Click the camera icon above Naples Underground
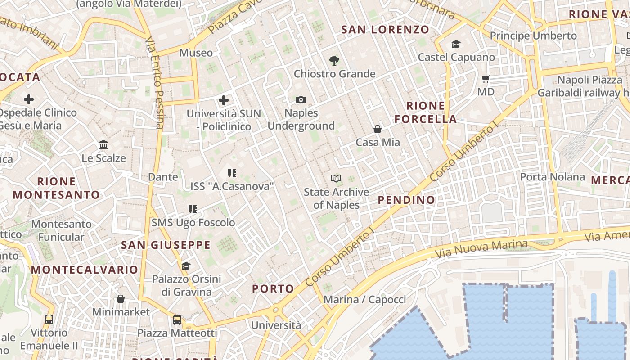pos(301,99)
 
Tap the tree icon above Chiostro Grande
pos(334,60)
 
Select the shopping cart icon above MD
pos(486,79)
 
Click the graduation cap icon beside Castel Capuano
pos(456,44)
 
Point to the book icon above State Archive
pos(336,178)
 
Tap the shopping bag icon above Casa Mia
pos(378,129)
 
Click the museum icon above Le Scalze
pos(103,144)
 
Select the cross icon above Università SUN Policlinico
pos(223,100)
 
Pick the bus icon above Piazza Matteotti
pos(177,320)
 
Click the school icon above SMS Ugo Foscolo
pos(193,209)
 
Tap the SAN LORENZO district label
pos(385,30)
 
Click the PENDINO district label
pos(406,200)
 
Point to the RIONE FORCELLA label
pos(432,112)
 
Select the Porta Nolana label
pos(552,177)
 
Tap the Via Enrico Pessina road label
pos(154,83)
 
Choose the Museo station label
pos(196,53)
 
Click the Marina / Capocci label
pos(364,299)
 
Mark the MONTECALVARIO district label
pos(85,270)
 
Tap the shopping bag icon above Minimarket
pos(121,299)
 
